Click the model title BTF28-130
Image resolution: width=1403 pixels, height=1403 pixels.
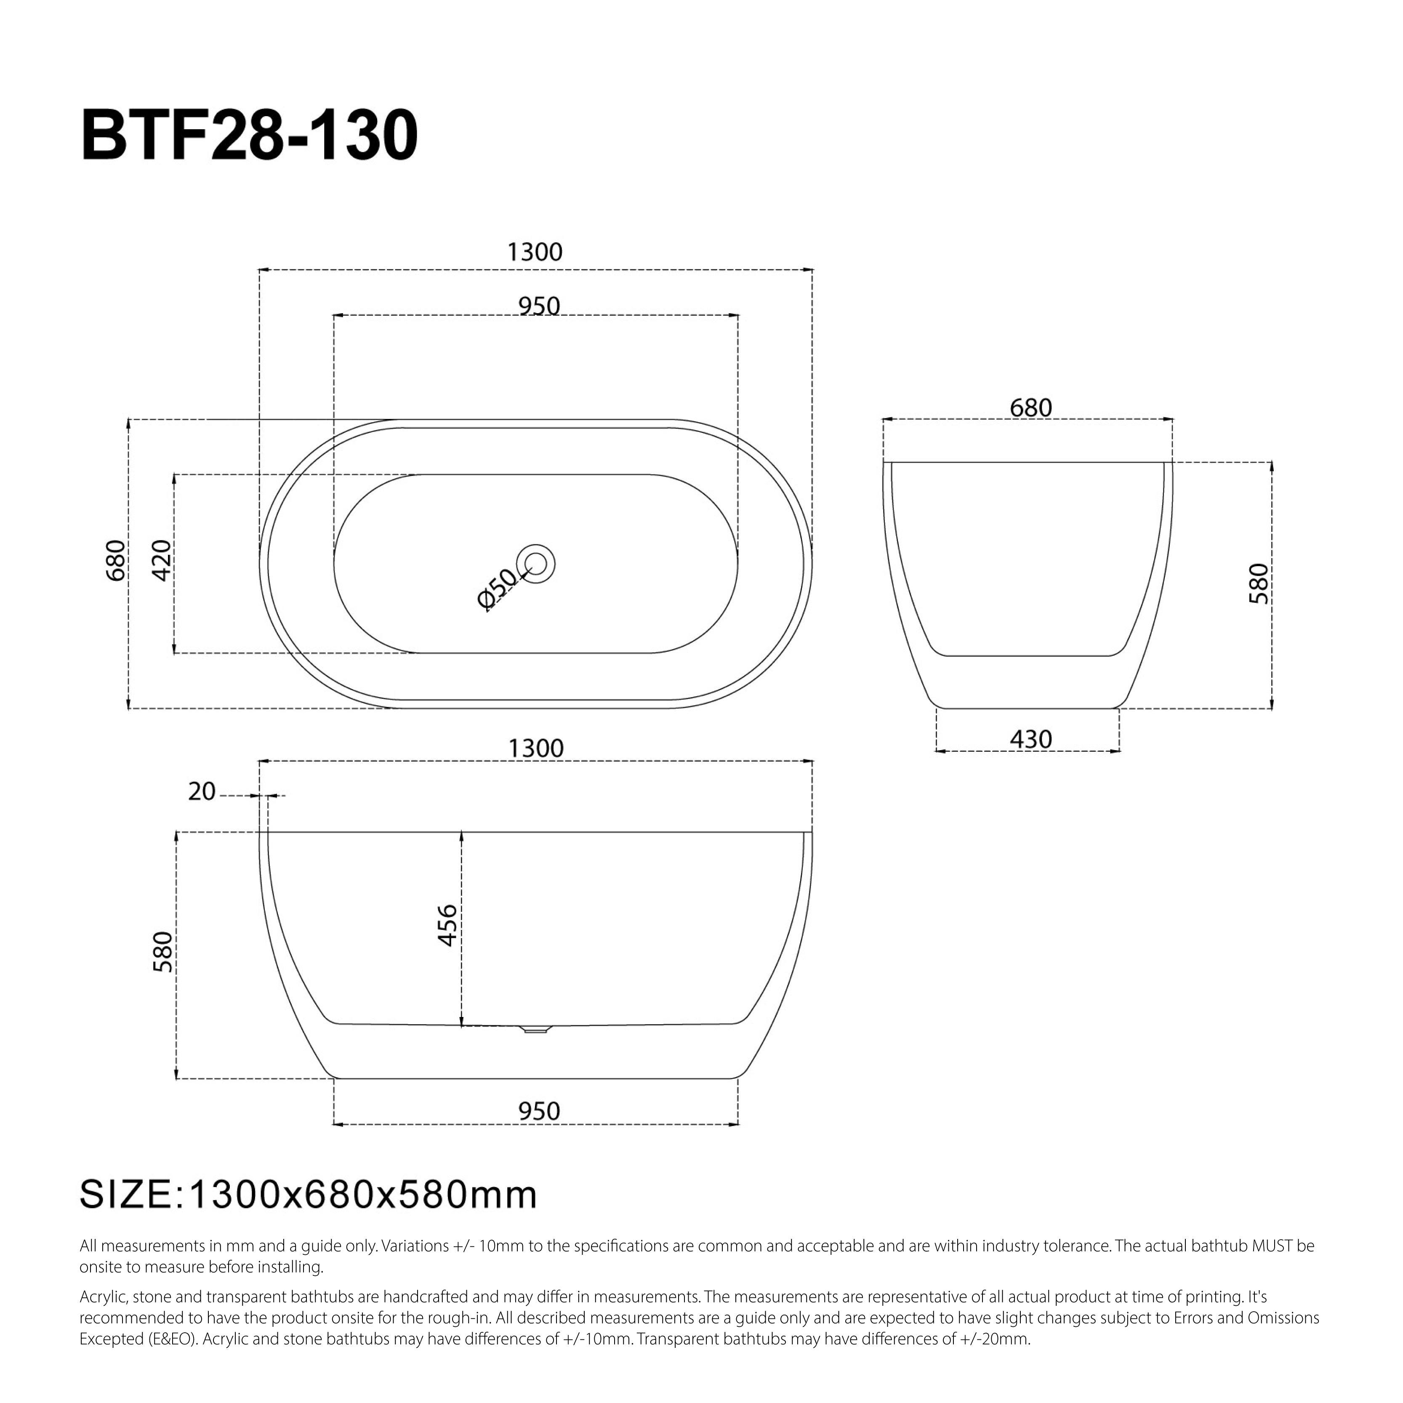249,136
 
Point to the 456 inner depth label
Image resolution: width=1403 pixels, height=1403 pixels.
447,925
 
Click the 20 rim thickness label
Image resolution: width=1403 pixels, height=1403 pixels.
202,791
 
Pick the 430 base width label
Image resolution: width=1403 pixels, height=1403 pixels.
1030,739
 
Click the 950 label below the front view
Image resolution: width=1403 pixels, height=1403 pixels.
539,1111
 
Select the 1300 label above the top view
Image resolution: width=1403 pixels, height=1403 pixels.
535,252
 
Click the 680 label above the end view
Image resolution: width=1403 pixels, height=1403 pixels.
1030,408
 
